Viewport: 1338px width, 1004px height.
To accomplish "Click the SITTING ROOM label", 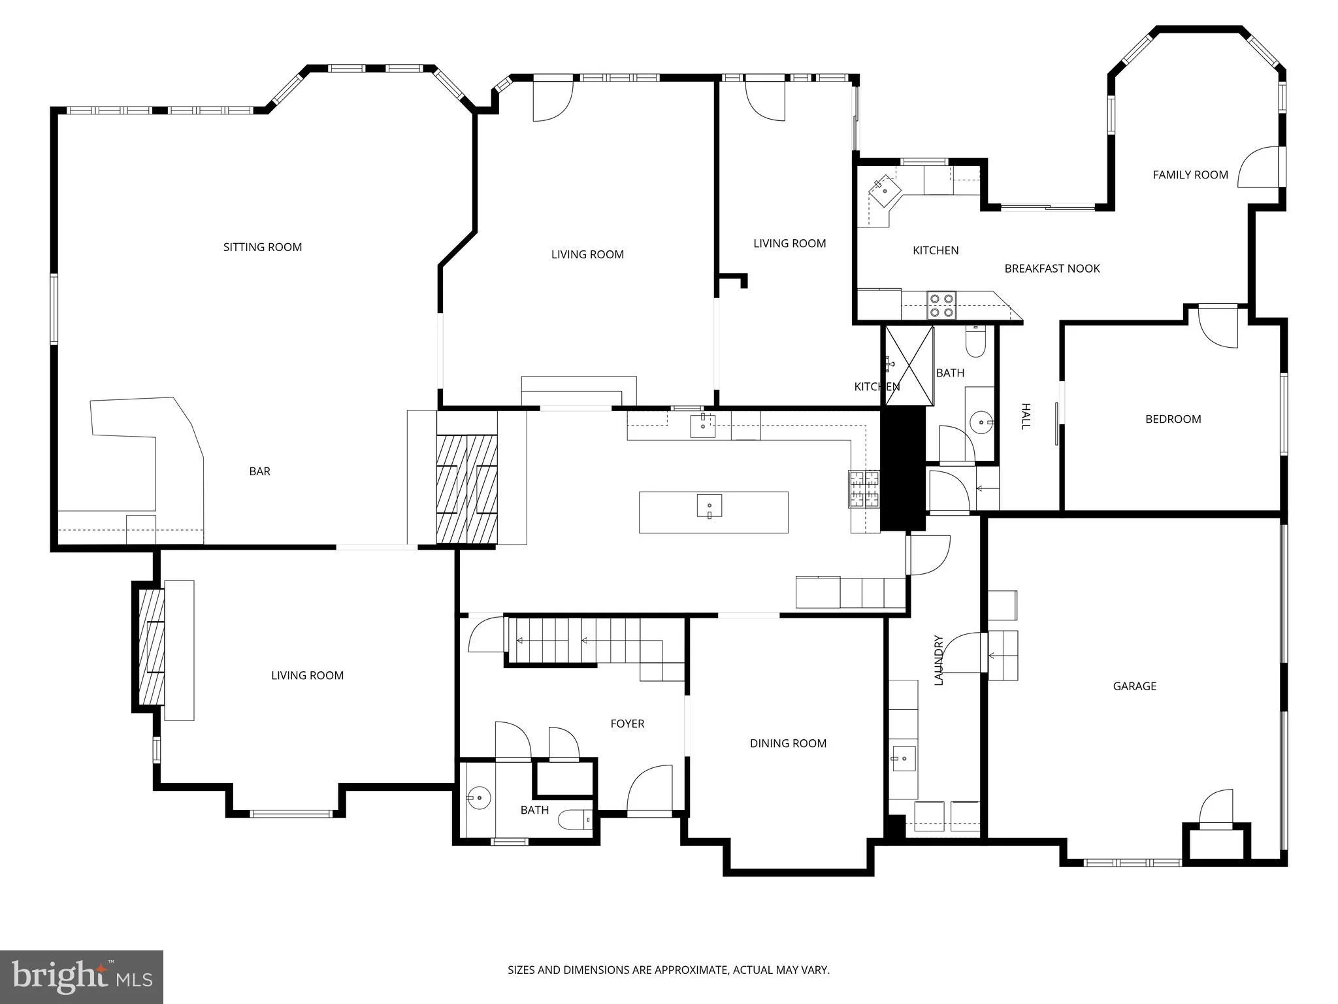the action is coord(263,247).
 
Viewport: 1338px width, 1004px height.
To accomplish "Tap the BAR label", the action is coord(259,471).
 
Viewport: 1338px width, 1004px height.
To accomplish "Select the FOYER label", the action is coord(627,724).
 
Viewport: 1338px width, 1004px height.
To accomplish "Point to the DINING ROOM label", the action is coord(788,743).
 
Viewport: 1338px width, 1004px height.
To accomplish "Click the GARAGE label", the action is coord(1135,686).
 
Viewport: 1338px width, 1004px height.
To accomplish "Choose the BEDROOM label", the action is coord(1173,419).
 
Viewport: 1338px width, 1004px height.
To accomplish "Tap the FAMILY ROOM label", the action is coord(1190,175).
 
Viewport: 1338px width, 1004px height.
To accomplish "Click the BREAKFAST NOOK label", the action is coord(1052,268).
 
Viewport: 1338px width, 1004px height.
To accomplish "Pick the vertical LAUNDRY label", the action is coord(939,660).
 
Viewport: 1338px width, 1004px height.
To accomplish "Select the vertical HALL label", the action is coord(1026,416).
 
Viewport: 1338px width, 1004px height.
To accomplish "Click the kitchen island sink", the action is coord(710,507).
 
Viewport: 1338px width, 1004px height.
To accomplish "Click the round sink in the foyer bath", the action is coord(479,797).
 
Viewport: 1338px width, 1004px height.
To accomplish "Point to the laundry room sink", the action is coord(904,758).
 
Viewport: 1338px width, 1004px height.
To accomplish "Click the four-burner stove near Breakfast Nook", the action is coord(941,305).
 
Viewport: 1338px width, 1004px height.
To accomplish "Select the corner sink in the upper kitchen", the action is coord(885,191).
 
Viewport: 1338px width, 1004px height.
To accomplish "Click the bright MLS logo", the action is coord(82,977).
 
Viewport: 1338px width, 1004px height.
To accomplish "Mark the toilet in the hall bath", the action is coord(975,342).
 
